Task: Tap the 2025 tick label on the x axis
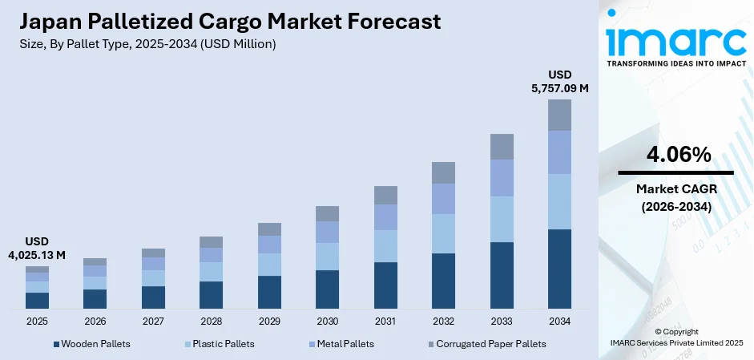pyautogui.click(x=37, y=321)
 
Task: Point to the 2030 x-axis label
pyautogui.click(x=327, y=321)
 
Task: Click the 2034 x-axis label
pyautogui.click(x=559, y=321)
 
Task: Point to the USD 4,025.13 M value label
pyautogui.click(x=38, y=248)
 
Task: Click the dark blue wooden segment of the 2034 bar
pyautogui.click(x=559, y=269)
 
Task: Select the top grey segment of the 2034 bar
pyautogui.click(x=559, y=115)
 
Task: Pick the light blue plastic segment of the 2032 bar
pyautogui.click(x=443, y=233)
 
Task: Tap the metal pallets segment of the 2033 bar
pyautogui.click(x=502, y=177)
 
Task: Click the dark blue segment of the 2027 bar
pyautogui.click(x=153, y=297)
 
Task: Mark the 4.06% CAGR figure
pyautogui.click(x=675, y=156)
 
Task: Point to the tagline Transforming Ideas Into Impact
pyautogui.click(x=675, y=63)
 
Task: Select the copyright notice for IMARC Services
pyautogui.click(x=675, y=337)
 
